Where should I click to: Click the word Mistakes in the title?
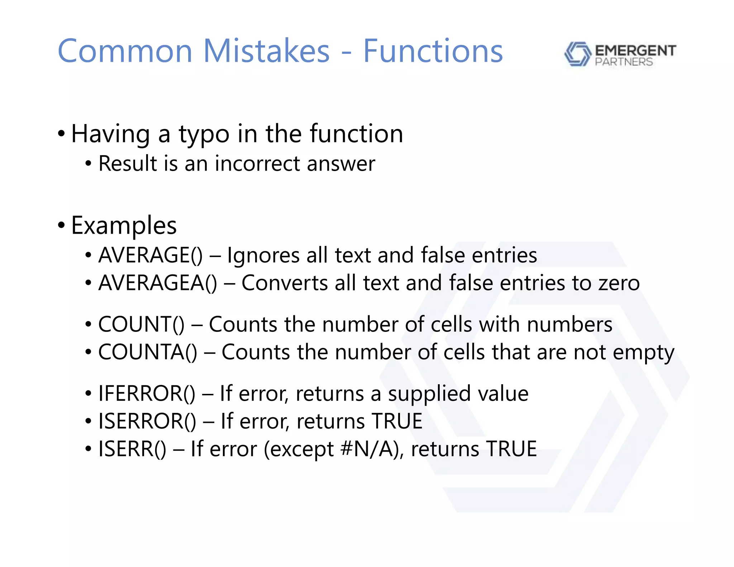[x=266, y=51]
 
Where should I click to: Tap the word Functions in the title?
[x=433, y=51]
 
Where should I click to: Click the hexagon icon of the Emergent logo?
[x=577, y=54]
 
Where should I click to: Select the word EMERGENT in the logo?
[x=635, y=51]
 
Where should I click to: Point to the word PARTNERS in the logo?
[x=624, y=62]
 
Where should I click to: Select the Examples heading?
[x=124, y=226]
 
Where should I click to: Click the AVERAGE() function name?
[x=151, y=256]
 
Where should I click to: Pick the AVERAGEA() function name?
[x=158, y=283]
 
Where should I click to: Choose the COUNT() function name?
[x=141, y=324]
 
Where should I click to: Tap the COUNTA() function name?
[x=148, y=352]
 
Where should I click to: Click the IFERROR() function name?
[x=147, y=394]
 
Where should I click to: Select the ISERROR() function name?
[x=147, y=421]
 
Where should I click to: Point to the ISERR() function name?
[x=132, y=449]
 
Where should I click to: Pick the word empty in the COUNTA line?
[x=643, y=353]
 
